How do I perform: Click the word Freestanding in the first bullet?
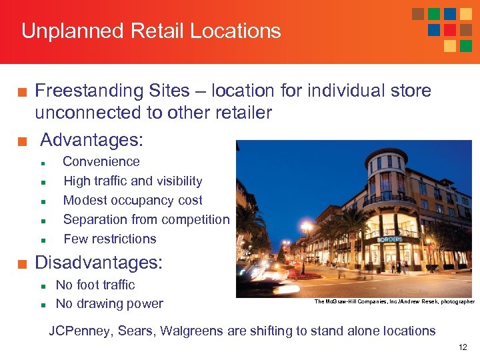[88, 91]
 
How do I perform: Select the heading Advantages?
[91, 140]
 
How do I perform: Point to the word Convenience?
[101, 161]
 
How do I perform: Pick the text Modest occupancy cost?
[133, 200]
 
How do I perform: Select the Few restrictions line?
[110, 239]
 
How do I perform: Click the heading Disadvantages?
[98, 262]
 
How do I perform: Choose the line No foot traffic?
[95, 285]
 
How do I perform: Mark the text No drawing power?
[109, 304]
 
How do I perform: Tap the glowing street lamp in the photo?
[307, 227]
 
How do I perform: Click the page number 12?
[463, 347]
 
